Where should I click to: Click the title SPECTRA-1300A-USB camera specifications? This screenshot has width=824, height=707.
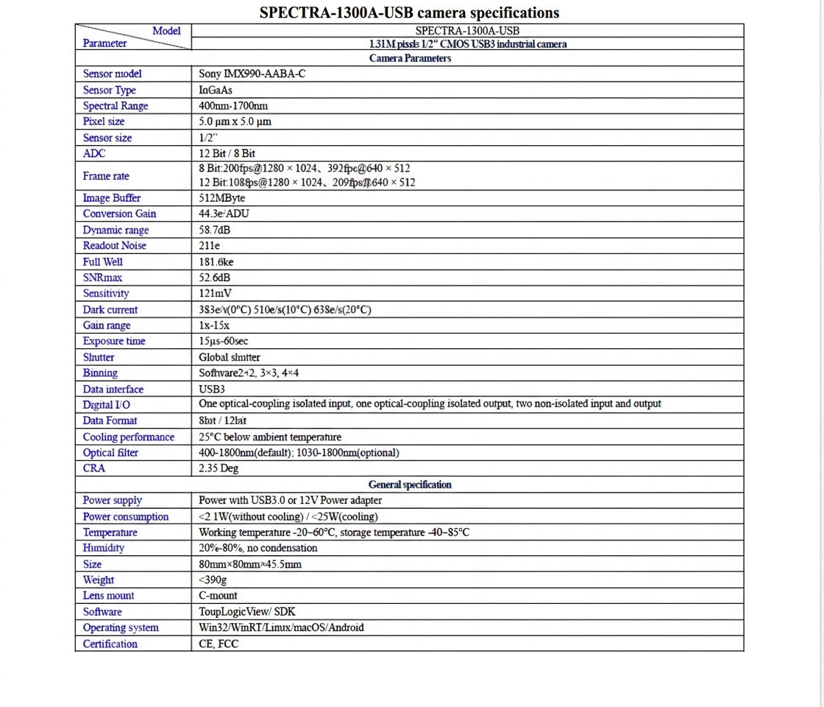(409, 13)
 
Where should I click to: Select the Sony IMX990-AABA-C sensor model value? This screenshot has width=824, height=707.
(252, 74)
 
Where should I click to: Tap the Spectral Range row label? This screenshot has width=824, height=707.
(116, 106)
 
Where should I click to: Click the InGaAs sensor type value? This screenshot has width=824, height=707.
(216, 90)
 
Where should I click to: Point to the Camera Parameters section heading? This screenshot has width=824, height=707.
(410, 58)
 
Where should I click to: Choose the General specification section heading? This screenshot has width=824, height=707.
(410, 485)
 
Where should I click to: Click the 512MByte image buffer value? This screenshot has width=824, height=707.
(221, 198)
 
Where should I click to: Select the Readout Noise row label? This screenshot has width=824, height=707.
(114, 246)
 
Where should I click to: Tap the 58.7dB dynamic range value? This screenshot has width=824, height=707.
(214, 230)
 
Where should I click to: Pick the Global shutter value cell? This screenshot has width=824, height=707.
(230, 357)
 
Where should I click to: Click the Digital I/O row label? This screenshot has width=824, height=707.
(107, 404)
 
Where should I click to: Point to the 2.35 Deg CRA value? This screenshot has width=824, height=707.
(219, 468)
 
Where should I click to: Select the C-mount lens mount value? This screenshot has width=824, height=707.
(218, 596)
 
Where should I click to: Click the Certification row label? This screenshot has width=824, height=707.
(110, 644)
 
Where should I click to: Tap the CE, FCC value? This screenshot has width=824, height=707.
(219, 644)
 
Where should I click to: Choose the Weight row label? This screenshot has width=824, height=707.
(99, 580)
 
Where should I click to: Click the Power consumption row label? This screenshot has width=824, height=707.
(126, 516)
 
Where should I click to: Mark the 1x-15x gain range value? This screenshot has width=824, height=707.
(214, 326)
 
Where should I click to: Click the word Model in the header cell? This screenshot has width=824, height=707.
(166, 31)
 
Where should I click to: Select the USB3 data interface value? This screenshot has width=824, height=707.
(212, 389)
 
